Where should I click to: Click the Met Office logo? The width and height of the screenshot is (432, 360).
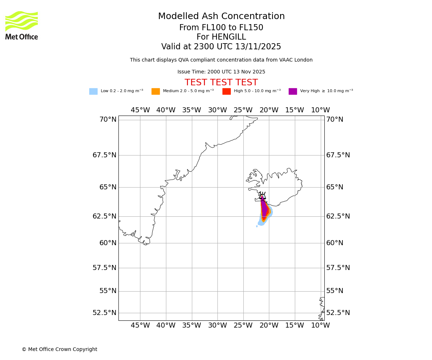coord(22,25)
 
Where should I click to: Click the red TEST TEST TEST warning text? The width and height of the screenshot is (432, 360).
coord(221,82)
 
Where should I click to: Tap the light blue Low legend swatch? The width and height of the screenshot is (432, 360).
coord(93,91)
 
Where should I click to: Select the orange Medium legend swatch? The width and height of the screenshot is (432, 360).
coord(156,91)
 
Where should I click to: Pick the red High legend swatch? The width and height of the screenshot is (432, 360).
coord(226,91)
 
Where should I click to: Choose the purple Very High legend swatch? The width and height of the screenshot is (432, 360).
coord(293,91)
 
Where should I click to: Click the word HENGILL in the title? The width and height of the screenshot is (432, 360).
coord(228,37)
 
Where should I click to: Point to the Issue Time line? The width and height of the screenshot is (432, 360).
coord(221,72)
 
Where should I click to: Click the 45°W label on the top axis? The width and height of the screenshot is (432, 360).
coord(140,110)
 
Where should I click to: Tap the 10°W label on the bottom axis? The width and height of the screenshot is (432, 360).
coord(320,325)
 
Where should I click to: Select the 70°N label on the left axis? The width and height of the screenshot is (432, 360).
coord(108,120)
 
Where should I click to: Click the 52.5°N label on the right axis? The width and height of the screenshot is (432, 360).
coord(338,313)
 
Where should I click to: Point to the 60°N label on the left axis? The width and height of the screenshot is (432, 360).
coord(108,243)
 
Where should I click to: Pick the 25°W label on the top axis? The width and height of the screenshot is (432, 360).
coord(243,110)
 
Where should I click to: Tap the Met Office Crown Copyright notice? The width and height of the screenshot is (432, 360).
coord(59,350)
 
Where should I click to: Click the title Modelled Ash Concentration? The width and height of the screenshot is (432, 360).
coord(221,17)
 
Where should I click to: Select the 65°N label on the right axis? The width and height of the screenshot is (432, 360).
coord(334,187)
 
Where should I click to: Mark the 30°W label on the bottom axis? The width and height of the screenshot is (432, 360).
coord(217,325)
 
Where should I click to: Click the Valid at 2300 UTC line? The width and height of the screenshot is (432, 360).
coord(221,47)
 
